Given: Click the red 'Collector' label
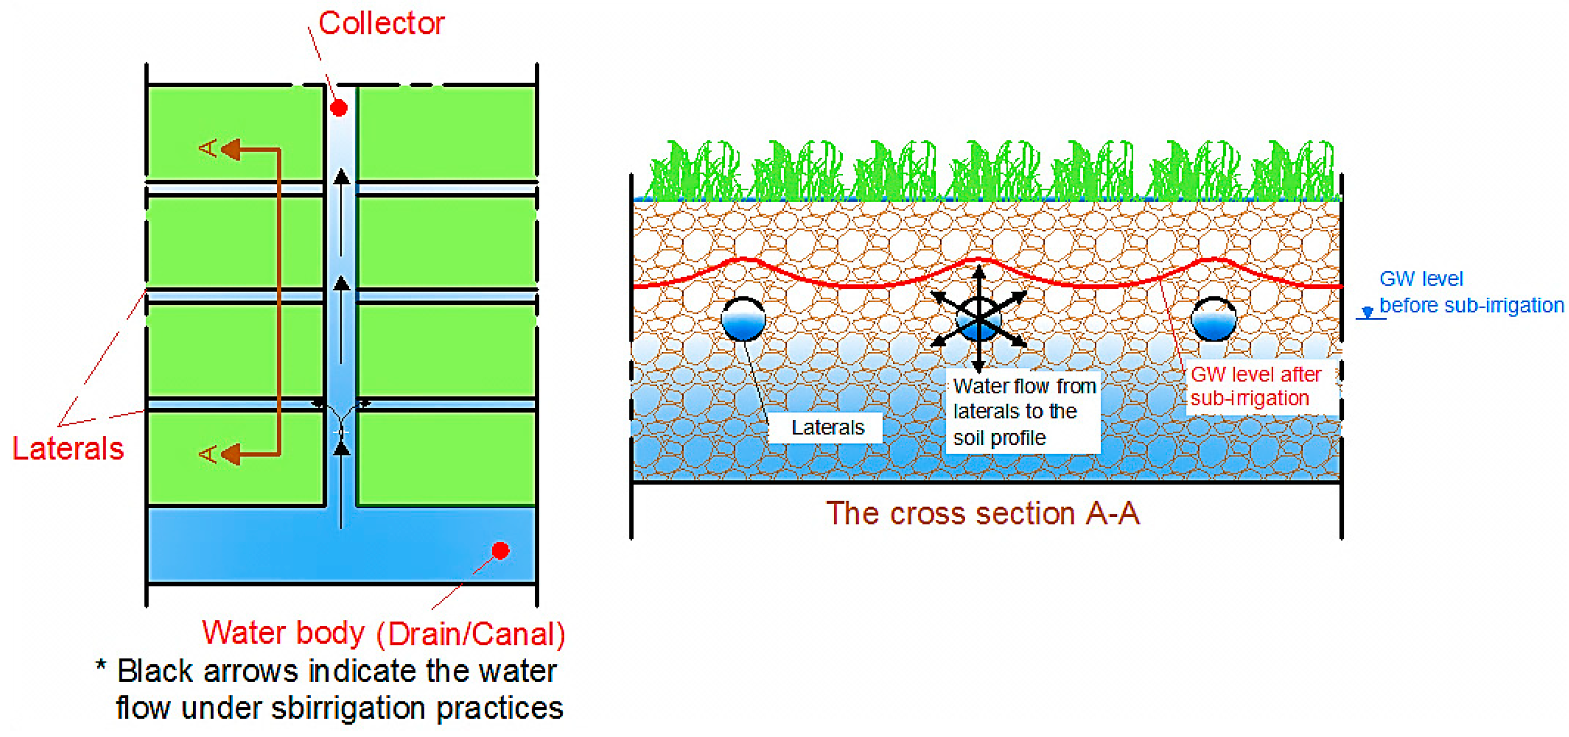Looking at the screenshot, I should [x=381, y=23].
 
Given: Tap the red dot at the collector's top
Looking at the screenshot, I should [x=339, y=108].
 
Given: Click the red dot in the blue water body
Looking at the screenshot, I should [x=500, y=550].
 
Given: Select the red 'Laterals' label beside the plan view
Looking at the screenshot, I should [x=68, y=449].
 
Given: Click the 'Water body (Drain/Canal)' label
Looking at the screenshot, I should [x=384, y=633].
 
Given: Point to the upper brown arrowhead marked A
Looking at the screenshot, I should [x=230, y=148].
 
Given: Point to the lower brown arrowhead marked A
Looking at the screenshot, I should [x=230, y=453].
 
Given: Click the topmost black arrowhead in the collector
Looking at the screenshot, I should [x=342, y=177].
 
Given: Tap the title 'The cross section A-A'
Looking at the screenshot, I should [x=982, y=513].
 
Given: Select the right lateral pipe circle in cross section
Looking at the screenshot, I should [x=1213, y=319].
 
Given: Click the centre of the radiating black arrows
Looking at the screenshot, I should [x=979, y=318].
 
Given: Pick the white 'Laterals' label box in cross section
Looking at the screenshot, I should [x=827, y=427].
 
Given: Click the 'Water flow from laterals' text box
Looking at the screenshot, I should [x=1022, y=412].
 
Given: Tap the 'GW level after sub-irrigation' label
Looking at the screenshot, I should [x=1255, y=386].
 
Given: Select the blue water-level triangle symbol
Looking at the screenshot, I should [x=1367, y=312].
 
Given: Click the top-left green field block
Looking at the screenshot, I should [x=235, y=132].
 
